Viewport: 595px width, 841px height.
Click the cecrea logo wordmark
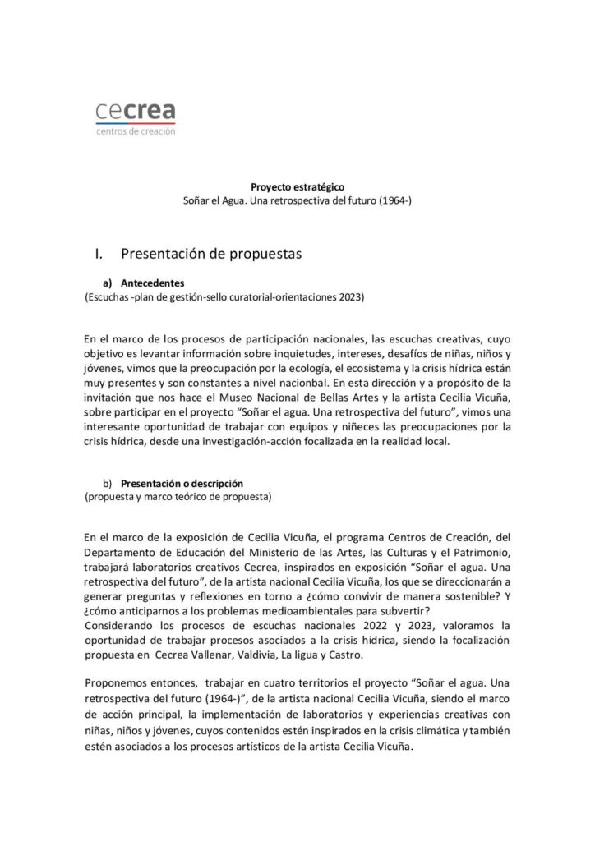(x=136, y=112)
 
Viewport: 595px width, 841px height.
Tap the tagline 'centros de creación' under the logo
(x=136, y=131)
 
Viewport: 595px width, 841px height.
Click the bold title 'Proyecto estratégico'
(x=297, y=186)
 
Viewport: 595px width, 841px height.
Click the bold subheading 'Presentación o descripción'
(x=182, y=483)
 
